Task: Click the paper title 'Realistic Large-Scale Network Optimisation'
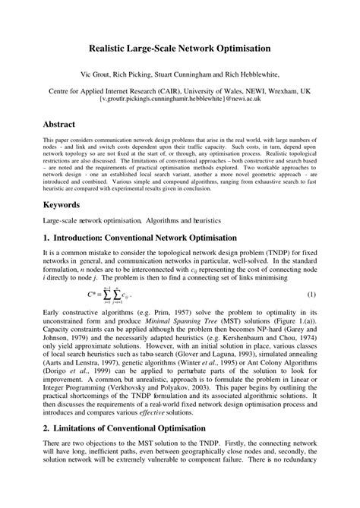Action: click(179, 48)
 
